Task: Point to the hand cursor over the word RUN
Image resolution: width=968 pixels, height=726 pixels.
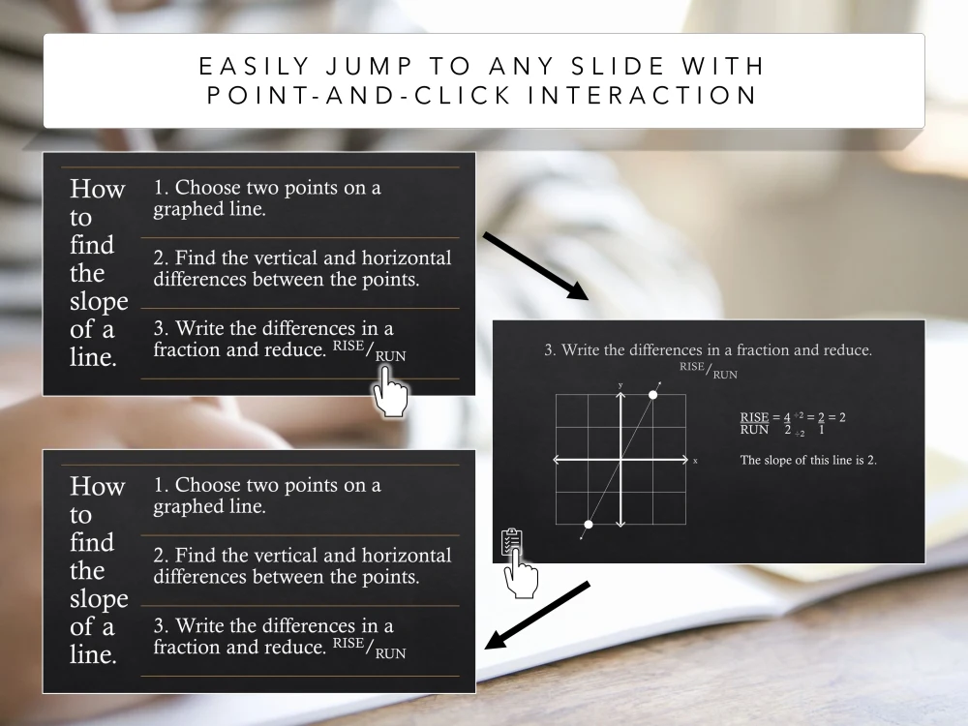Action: click(390, 394)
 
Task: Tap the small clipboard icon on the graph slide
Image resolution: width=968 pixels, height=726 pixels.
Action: click(511, 542)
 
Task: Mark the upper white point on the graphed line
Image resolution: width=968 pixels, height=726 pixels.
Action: click(653, 395)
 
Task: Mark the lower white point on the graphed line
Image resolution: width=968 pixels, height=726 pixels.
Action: click(589, 525)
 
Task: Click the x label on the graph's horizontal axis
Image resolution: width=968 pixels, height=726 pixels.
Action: click(695, 461)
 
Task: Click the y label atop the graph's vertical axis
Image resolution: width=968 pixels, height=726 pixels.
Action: click(620, 385)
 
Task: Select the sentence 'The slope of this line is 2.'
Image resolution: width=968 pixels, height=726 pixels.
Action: click(808, 460)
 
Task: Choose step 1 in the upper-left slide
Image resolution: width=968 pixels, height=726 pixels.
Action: click(267, 197)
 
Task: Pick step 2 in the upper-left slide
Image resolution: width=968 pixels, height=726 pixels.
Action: click(302, 269)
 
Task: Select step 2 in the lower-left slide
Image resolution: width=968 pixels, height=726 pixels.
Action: click(302, 566)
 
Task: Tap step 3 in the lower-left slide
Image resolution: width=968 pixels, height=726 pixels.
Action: click(279, 637)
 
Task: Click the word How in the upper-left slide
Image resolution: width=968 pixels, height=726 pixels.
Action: click(97, 189)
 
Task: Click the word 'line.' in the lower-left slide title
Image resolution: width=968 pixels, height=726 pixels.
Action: click(93, 654)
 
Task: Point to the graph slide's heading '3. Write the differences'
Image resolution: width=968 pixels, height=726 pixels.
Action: click(708, 350)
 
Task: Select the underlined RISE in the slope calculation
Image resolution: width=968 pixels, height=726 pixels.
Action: click(754, 417)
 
